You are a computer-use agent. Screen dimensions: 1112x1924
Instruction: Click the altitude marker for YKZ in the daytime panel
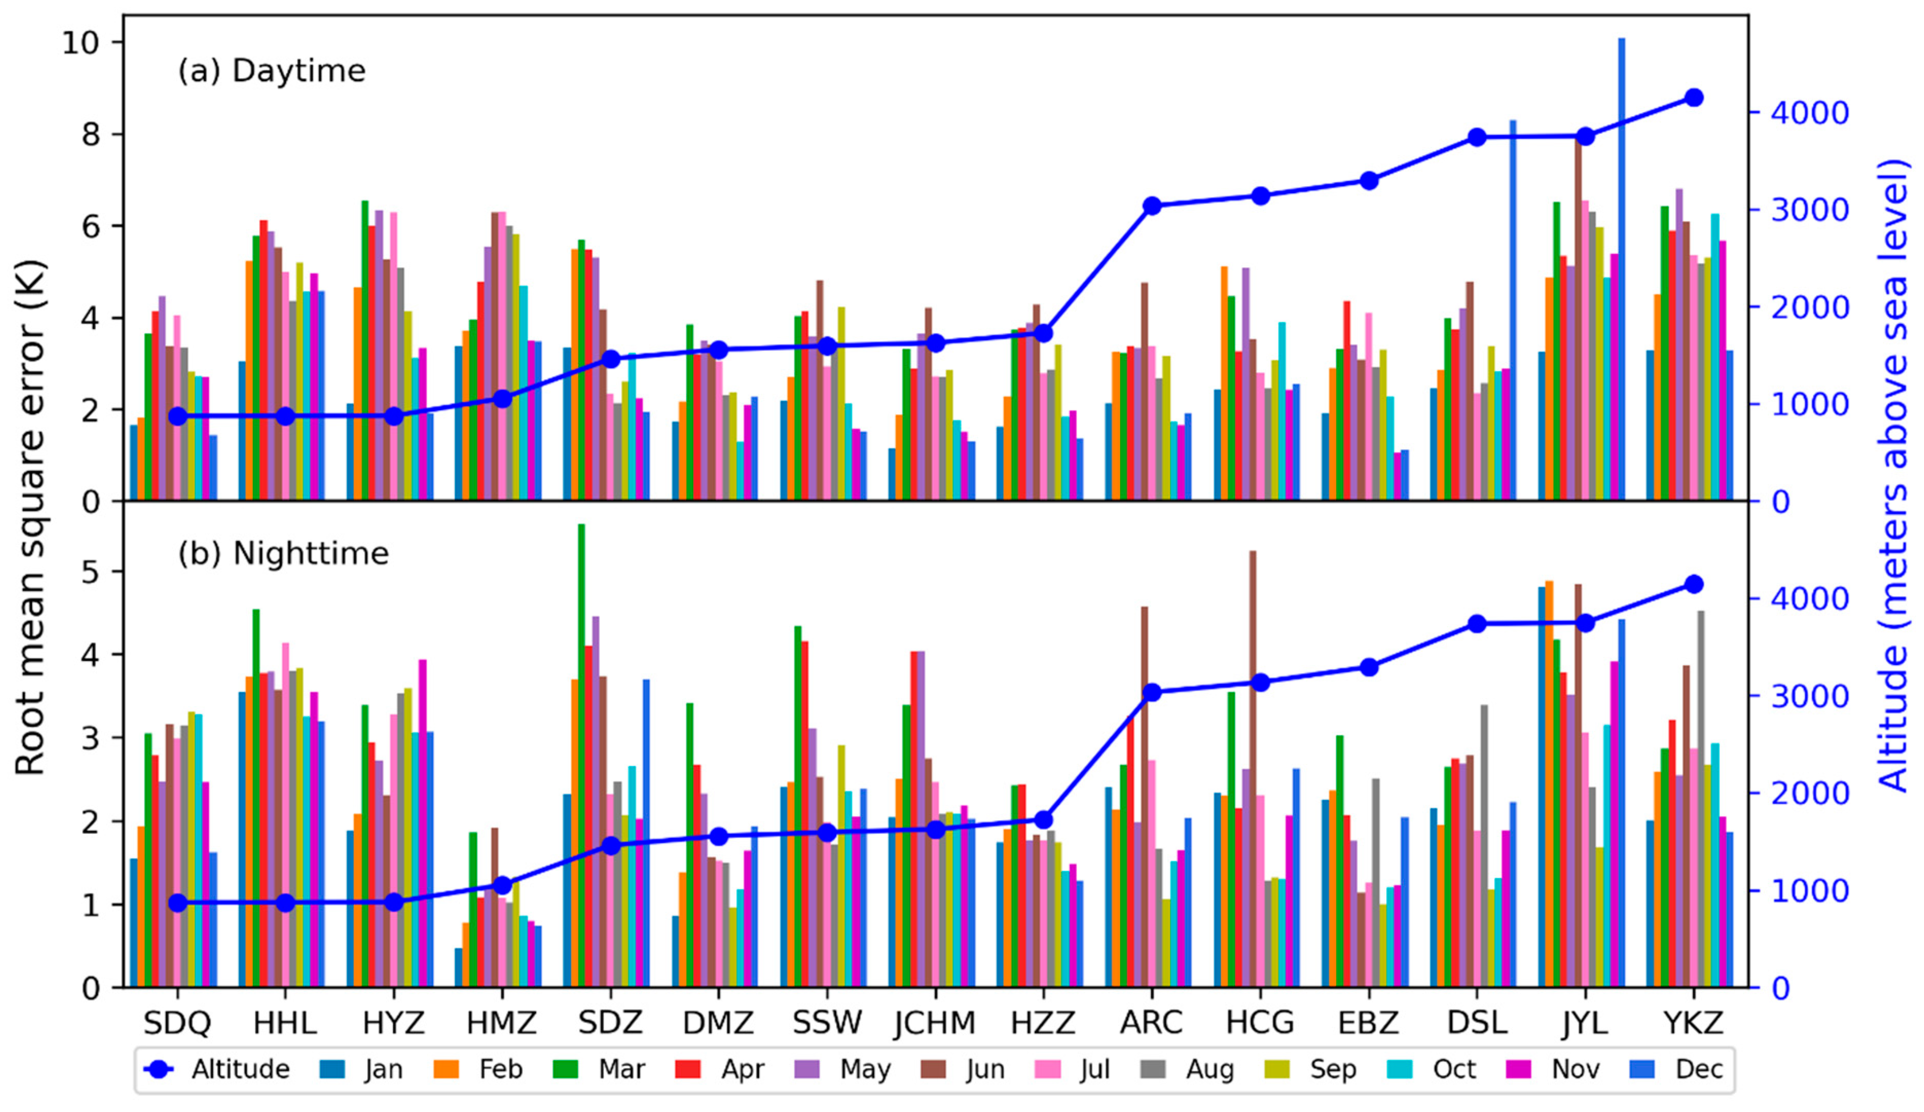pyautogui.click(x=1694, y=98)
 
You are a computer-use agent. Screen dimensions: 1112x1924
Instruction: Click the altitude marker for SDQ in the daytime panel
pyautogui.click(x=177, y=416)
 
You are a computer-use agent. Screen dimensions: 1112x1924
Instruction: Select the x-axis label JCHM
pyautogui.click(x=935, y=1023)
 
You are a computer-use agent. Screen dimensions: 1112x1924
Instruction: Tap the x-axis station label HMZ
pyautogui.click(x=502, y=1023)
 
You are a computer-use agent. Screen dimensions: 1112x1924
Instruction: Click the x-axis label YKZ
pyautogui.click(x=1694, y=1023)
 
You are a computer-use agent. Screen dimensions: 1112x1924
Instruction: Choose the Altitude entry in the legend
pyautogui.click(x=217, y=1069)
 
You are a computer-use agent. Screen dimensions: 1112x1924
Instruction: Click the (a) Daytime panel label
pyautogui.click(x=272, y=71)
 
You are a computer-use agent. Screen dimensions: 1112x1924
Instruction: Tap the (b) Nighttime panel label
pyautogui.click(x=283, y=553)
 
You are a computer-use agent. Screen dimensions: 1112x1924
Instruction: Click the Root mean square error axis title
pyautogui.click(x=30, y=517)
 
